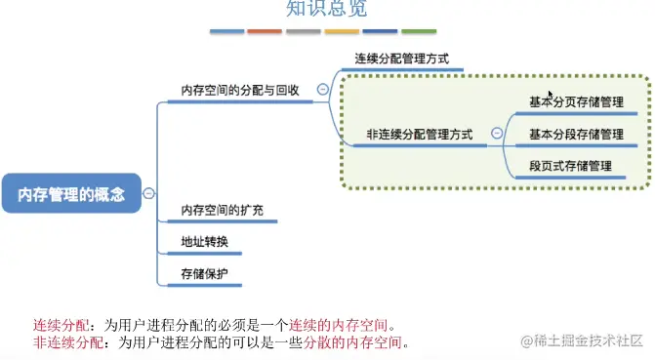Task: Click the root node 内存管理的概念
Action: [71, 194]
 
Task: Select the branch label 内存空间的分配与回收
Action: [240, 90]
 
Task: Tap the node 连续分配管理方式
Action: [402, 59]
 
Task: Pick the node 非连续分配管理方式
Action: [420, 135]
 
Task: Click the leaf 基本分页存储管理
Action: [576, 100]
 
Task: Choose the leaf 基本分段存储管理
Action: [576, 134]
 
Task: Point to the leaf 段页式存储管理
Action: [571, 166]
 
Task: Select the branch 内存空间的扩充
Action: [222, 211]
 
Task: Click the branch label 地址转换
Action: [204, 242]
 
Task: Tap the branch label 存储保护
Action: [204, 274]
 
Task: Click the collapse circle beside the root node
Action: [148, 193]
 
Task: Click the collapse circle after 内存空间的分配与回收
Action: [322, 90]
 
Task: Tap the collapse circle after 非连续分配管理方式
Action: [497, 134]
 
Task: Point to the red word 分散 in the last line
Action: [315, 343]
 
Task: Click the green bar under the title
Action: [419, 31]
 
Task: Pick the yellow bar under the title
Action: [342, 31]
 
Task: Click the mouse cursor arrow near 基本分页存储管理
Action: [552, 95]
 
